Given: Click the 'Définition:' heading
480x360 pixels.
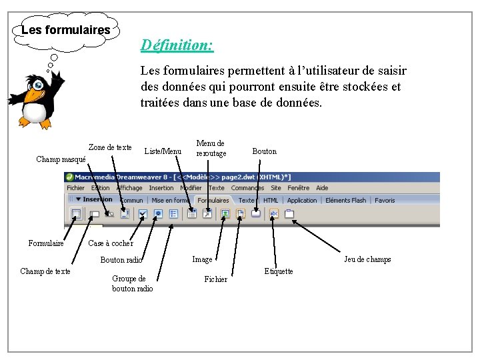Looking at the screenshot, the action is [x=177, y=45].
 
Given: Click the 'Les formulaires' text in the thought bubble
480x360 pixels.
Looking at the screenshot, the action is [x=65, y=30].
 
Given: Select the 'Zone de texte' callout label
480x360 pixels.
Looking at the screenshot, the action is [x=110, y=147].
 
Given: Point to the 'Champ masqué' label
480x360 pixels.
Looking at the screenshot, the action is [x=61, y=159].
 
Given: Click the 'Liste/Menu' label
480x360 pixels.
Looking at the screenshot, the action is [x=163, y=151].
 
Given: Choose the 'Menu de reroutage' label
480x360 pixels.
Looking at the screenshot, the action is [x=211, y=148].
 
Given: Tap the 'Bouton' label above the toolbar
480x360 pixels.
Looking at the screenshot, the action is [x=264, y=151].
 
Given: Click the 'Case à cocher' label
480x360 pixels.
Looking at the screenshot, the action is [x=111, y=243].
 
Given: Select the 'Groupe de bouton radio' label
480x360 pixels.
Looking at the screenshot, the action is [x=132, y=283].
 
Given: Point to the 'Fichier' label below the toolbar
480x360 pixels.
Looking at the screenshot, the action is [x=215, y=279].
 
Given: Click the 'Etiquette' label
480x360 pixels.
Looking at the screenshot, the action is [x=278, y=271].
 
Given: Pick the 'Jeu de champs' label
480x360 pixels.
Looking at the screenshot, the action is [x=367, y=259].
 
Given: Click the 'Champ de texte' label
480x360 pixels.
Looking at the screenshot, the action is [x=45, y=271].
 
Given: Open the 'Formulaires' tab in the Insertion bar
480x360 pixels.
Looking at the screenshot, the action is [x=213, y=200].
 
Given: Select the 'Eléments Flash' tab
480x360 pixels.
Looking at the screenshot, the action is [x=345, y=200].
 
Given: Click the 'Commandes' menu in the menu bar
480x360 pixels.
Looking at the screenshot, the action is [x=247, y=188].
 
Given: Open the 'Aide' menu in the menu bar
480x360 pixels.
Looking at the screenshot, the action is [x=322, y=188].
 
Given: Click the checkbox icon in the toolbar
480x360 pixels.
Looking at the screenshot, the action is [x=143, y=214].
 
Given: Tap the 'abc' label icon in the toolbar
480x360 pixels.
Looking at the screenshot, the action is [x=274, y=214].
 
